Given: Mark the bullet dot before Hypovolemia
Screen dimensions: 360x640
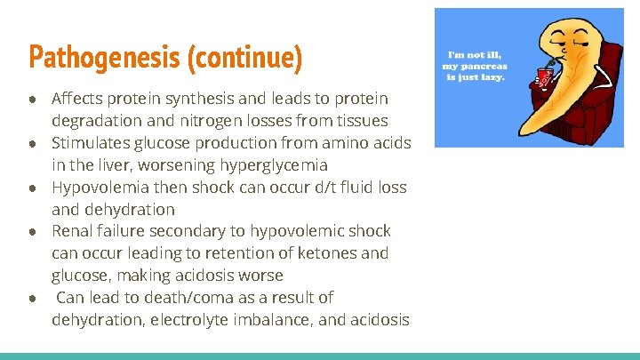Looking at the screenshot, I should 34,188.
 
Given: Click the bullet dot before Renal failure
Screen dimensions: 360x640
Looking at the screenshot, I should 34,232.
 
